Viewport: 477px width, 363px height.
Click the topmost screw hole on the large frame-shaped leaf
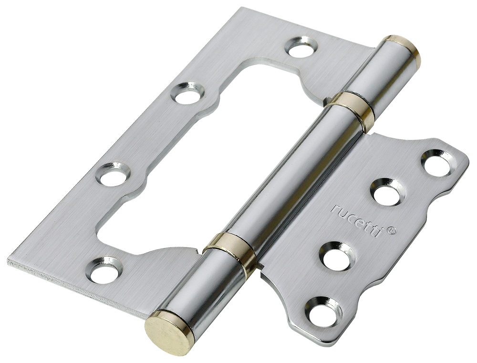pos(301,47)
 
